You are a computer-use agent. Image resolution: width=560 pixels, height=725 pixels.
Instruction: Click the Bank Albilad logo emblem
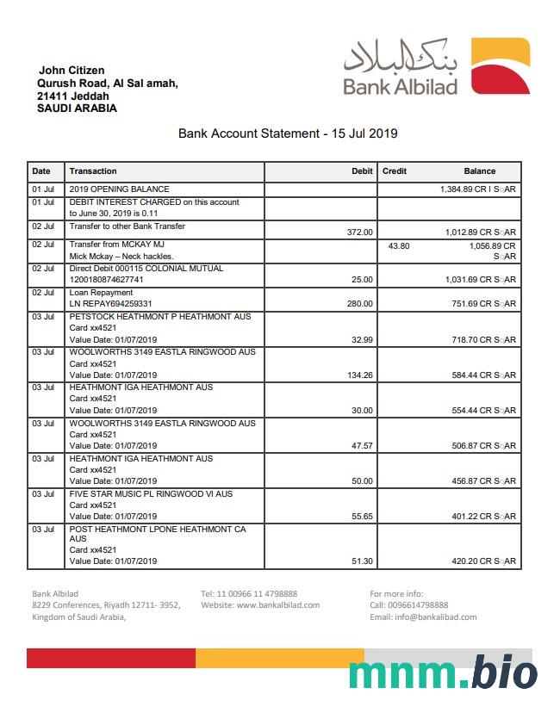(500, 65)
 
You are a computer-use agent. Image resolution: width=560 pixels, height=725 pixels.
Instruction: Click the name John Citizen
(72, 70)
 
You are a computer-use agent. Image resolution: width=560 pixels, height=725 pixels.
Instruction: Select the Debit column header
(362, 171)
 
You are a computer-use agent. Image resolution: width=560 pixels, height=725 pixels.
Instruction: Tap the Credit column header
(395, 171)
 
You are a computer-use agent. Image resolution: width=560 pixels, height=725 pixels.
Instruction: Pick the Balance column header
(479, 171)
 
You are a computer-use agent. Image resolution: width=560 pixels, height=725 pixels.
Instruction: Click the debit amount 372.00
(359, 232)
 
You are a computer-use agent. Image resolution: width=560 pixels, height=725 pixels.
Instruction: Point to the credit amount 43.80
(399, 245)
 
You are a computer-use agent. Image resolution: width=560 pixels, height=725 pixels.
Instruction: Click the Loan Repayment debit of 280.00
(359, 304)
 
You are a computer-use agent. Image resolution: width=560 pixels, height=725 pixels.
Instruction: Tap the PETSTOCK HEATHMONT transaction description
(160, 317)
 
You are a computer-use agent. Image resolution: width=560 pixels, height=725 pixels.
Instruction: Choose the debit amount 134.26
(358, 375)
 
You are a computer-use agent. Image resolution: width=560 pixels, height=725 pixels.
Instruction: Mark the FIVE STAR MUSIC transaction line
(151, 494)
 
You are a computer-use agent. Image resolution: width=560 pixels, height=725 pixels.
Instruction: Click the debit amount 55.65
(361, 517)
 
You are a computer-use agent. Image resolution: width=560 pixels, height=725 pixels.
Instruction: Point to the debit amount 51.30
(361, 561)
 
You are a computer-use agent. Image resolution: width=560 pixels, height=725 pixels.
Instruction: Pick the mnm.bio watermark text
(443, 673)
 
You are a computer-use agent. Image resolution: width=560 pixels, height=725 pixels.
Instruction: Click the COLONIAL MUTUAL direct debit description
(146, 269)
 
